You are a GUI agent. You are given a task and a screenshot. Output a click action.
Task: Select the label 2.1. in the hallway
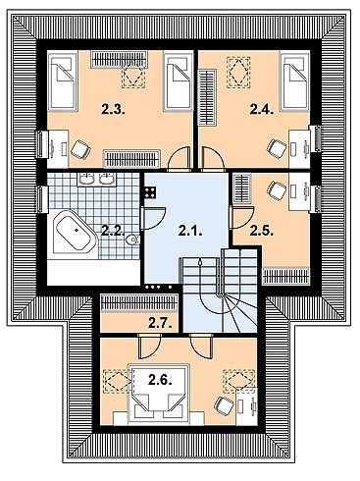coord(189,232)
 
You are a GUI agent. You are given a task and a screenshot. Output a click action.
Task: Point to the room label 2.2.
coord(113,232)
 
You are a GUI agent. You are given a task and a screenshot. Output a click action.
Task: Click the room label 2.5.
coord(260,232)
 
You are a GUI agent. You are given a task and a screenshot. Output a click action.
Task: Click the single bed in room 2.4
coord(295,83)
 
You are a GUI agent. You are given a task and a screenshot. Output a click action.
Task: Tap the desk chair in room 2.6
coord(224,404)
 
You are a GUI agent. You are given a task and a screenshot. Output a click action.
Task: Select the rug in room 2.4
coord(238,71)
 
